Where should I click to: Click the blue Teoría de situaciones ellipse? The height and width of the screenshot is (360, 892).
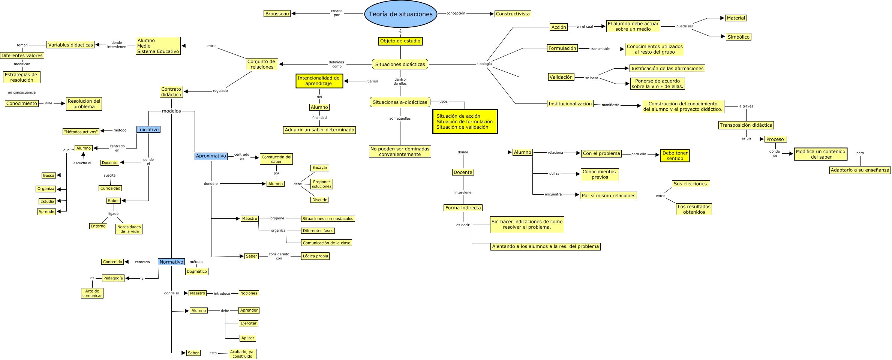400,14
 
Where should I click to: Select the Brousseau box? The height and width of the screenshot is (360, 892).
277,13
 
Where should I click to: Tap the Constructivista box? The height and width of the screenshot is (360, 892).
513,14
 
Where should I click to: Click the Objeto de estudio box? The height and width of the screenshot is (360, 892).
400,41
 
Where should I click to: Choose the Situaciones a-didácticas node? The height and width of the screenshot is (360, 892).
400,102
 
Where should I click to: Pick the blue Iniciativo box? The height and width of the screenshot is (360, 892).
148,129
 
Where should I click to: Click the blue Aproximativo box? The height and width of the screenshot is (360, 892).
211,156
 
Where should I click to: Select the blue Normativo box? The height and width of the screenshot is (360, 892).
171,262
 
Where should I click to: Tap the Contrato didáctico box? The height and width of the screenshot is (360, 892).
171,92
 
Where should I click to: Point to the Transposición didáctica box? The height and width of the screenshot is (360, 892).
746,125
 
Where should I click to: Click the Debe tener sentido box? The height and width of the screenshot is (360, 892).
675,156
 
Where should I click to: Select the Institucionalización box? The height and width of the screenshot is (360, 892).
570,104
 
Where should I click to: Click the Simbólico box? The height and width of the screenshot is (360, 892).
738,37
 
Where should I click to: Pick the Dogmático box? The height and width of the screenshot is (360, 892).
196,271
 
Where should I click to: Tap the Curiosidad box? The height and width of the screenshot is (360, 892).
110,188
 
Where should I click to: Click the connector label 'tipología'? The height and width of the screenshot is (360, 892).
484,64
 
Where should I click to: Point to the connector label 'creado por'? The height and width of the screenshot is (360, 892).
337,13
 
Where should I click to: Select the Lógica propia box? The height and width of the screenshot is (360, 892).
315,256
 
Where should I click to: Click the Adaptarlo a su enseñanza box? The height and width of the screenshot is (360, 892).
860,170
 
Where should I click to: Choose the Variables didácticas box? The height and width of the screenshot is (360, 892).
70,45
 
